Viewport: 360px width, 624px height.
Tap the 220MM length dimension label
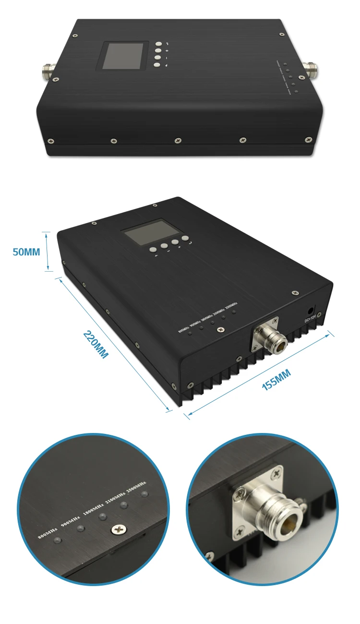pyautogui.click(x=96, y=344)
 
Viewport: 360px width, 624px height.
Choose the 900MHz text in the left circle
pyautogui.click(x=71, y=519)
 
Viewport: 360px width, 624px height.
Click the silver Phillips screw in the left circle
pyautogui.click(x=117, y=529)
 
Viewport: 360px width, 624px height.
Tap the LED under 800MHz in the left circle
pyautogui.click(x=57, y=541)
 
